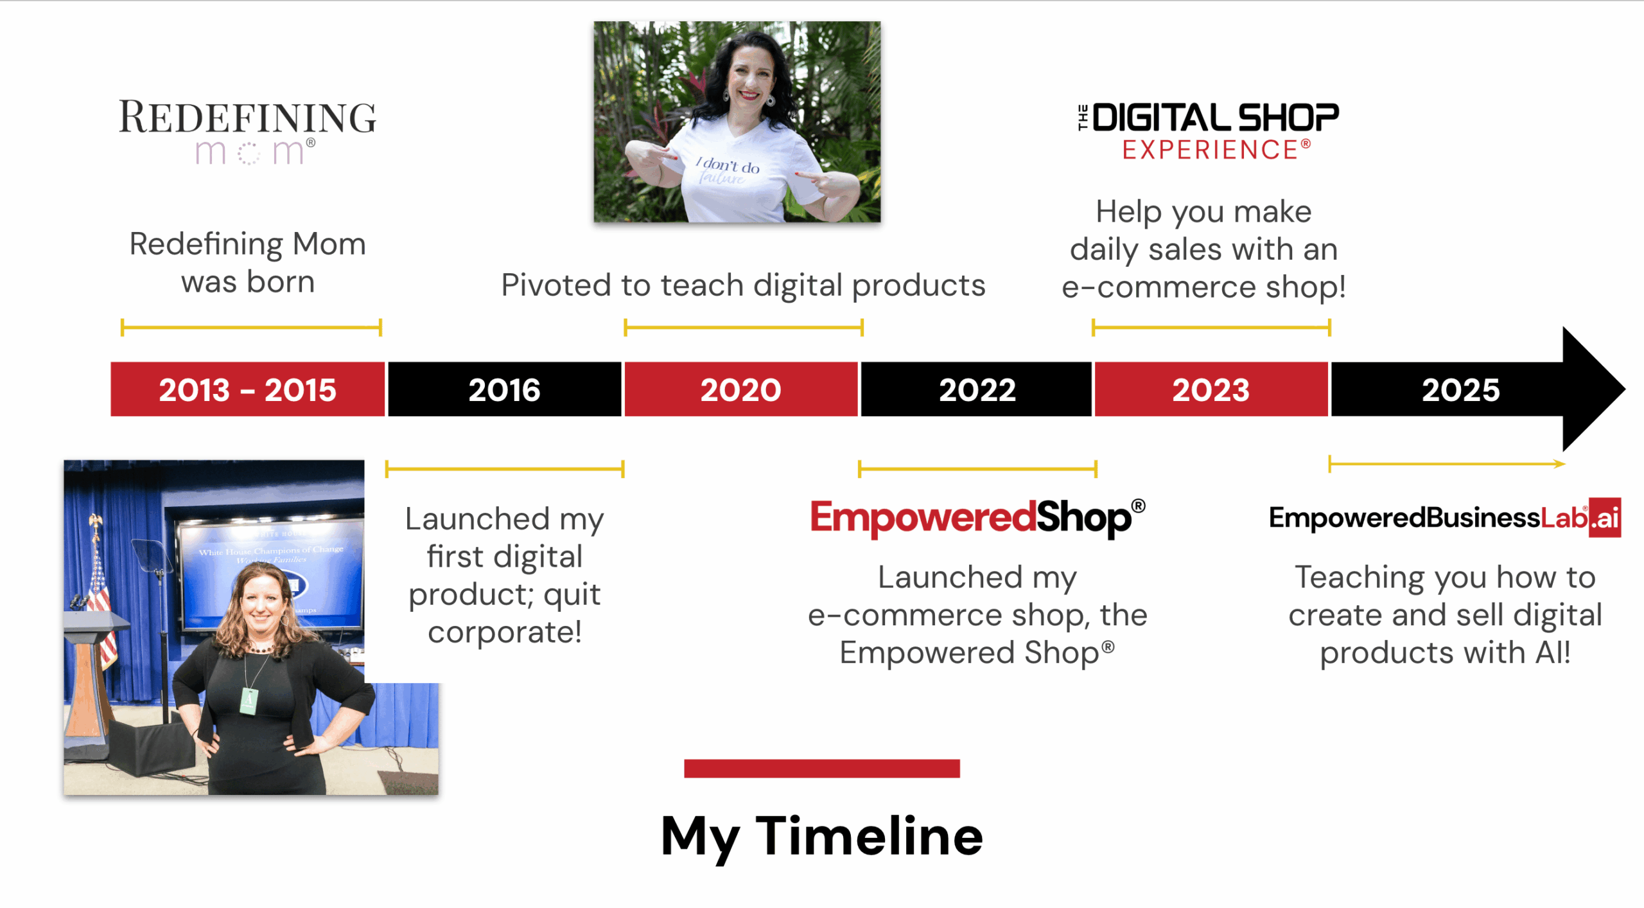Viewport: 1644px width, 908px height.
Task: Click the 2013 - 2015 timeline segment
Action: tap(247, 389)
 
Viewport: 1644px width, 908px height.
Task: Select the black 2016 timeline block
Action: tap(504, 389)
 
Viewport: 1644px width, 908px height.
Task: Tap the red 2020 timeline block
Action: tap(740, 389)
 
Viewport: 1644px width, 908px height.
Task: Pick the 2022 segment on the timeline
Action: tap(977, 389)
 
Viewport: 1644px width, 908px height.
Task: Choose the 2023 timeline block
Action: tap(1211, 389)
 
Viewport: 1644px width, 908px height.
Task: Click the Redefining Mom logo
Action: tap(248, 132)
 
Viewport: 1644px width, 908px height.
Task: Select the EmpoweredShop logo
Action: tap(976, 517)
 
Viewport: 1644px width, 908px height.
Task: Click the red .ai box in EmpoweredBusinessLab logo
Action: tap(1605, 517)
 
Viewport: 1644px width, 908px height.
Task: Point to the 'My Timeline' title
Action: tap(822, 836)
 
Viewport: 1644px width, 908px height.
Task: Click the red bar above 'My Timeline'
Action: tap(822, 768)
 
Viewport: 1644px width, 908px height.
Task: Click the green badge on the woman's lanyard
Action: tap(249, 700)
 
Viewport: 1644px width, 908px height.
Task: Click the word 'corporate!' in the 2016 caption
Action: tap(505, 632)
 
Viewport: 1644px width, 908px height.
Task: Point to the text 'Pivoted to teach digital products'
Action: tap(743, 285)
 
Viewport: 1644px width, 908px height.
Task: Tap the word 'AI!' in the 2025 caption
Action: tap(1552, 653)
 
